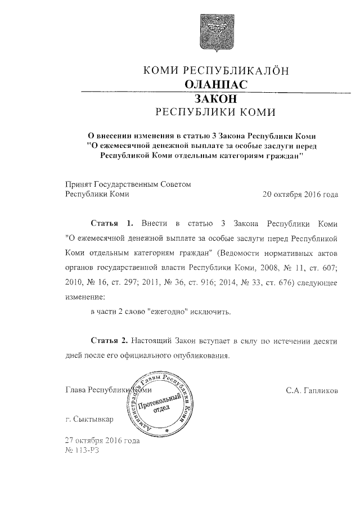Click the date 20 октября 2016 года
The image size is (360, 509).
click(300, 195)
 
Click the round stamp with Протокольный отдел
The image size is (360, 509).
click(163, 403)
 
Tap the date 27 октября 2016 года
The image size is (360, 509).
click(102, 440)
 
